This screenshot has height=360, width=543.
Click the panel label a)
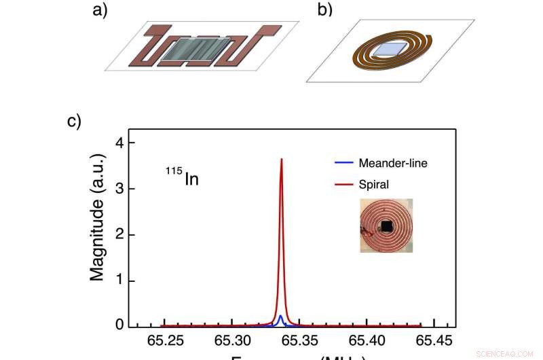tap(100, 12)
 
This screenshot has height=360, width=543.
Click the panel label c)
tap(73, 122)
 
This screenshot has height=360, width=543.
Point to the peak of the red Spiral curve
tap(281, 159)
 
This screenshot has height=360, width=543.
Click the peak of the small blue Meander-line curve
tap(281, 316)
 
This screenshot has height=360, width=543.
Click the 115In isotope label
tap(182, 179)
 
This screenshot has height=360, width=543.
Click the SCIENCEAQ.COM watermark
tap(508, 353)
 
